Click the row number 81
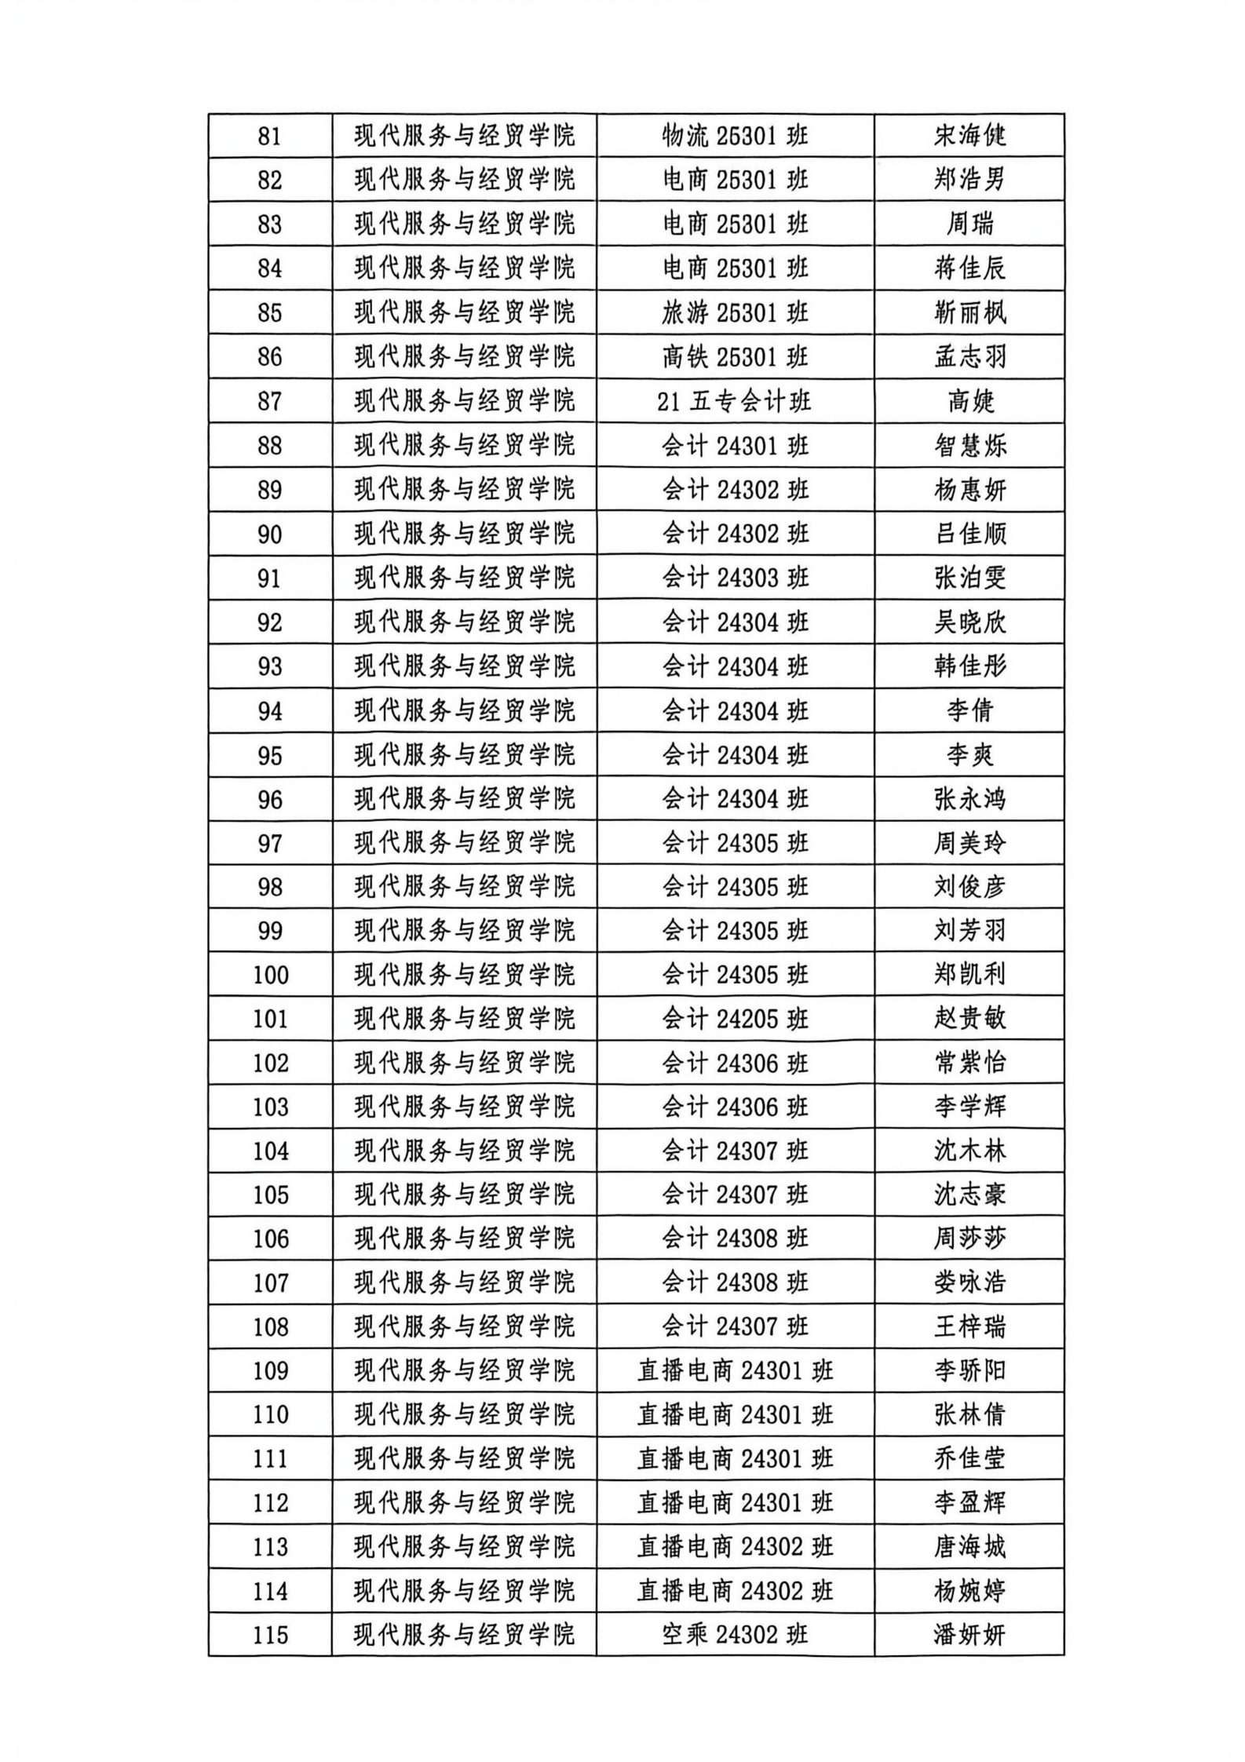tap(269, 137)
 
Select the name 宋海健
tap(969, 137)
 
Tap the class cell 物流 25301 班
tap(735, 137)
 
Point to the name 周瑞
tap(969, 224)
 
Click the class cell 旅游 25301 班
tap(735, 313)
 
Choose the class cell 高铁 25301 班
tap(735, 357)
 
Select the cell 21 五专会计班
tap(735, 402)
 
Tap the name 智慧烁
tap(969, 446)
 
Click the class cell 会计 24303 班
tap(735, 578)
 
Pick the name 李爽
tap(969, 755)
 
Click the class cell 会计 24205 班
tap(735, 1019)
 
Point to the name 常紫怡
tap(969, 1063)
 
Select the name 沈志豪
tap(969, 1195)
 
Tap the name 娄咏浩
tap(969, 1282)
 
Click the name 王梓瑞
tap(969, 1327)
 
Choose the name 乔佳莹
tap(969, 1459)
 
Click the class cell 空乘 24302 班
tap(735, 1635)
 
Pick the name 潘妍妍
tap(969, 1635)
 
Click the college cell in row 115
tap(464, 1635)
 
